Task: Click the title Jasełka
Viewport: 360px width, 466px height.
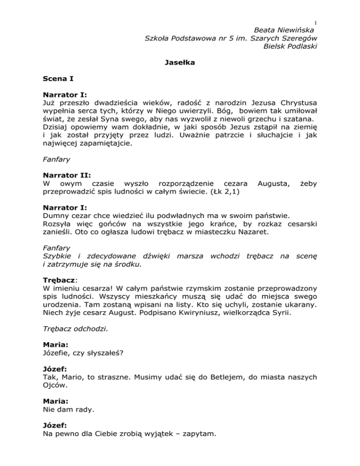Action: pyautogui.click(x=180, y=61)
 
